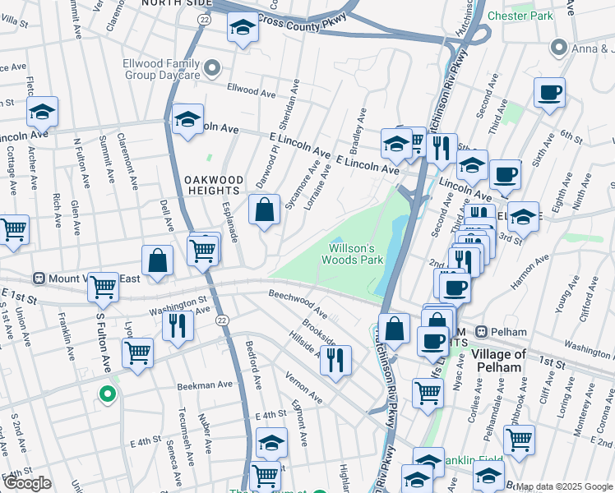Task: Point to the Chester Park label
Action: (x=520, y=16)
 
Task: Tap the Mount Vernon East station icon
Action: (x=37, y=279)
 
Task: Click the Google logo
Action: (x=27, y=483)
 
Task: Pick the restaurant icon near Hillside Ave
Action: (x=335, y=359)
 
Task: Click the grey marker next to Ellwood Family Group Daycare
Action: (x=213, y=67)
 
